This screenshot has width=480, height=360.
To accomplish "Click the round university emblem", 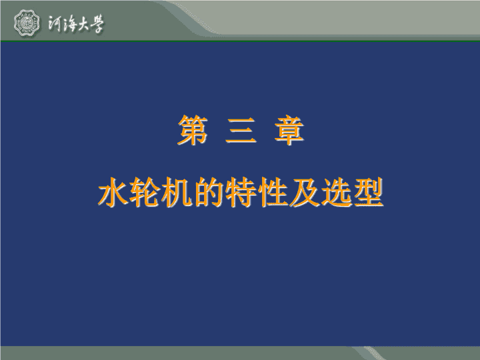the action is (27, 23).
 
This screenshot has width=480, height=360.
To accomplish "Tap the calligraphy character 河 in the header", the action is (55, 23).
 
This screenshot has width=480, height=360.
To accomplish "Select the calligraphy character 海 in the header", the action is (70, 23).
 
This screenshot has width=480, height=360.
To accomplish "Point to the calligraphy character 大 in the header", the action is (83, 24).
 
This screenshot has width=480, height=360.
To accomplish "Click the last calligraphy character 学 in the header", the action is (97, 24).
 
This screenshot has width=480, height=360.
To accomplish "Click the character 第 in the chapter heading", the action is (193, 130).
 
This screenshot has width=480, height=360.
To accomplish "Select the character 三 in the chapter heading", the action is (241, 131).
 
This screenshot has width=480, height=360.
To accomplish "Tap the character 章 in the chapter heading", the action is (289, 130).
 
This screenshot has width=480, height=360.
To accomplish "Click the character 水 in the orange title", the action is (113, 192).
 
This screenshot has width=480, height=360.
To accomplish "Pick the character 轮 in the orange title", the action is (145, 192).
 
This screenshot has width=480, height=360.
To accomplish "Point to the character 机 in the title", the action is (177, 192).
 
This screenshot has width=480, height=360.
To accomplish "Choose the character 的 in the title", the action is (209, 192).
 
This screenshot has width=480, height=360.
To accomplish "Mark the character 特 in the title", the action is (241, 192).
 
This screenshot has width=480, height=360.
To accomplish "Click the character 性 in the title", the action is (273, 192).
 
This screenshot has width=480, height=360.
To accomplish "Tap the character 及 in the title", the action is (305, 192).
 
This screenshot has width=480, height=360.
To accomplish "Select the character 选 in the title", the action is (337, 192).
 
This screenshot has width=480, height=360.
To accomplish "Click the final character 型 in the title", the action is (368, 192).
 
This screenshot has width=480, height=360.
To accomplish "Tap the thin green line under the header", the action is (240, 41).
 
